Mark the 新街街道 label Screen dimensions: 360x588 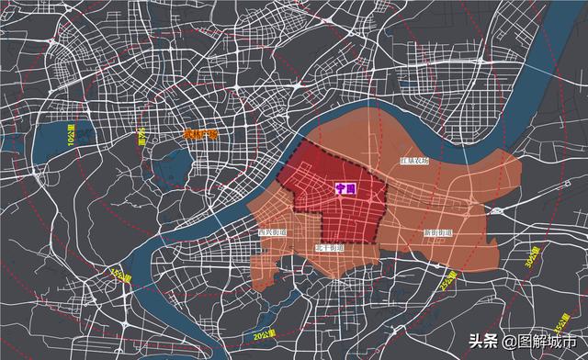click(436, 233)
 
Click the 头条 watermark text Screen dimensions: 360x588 click(484, 341)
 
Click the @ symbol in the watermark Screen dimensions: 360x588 click(506, 341)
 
